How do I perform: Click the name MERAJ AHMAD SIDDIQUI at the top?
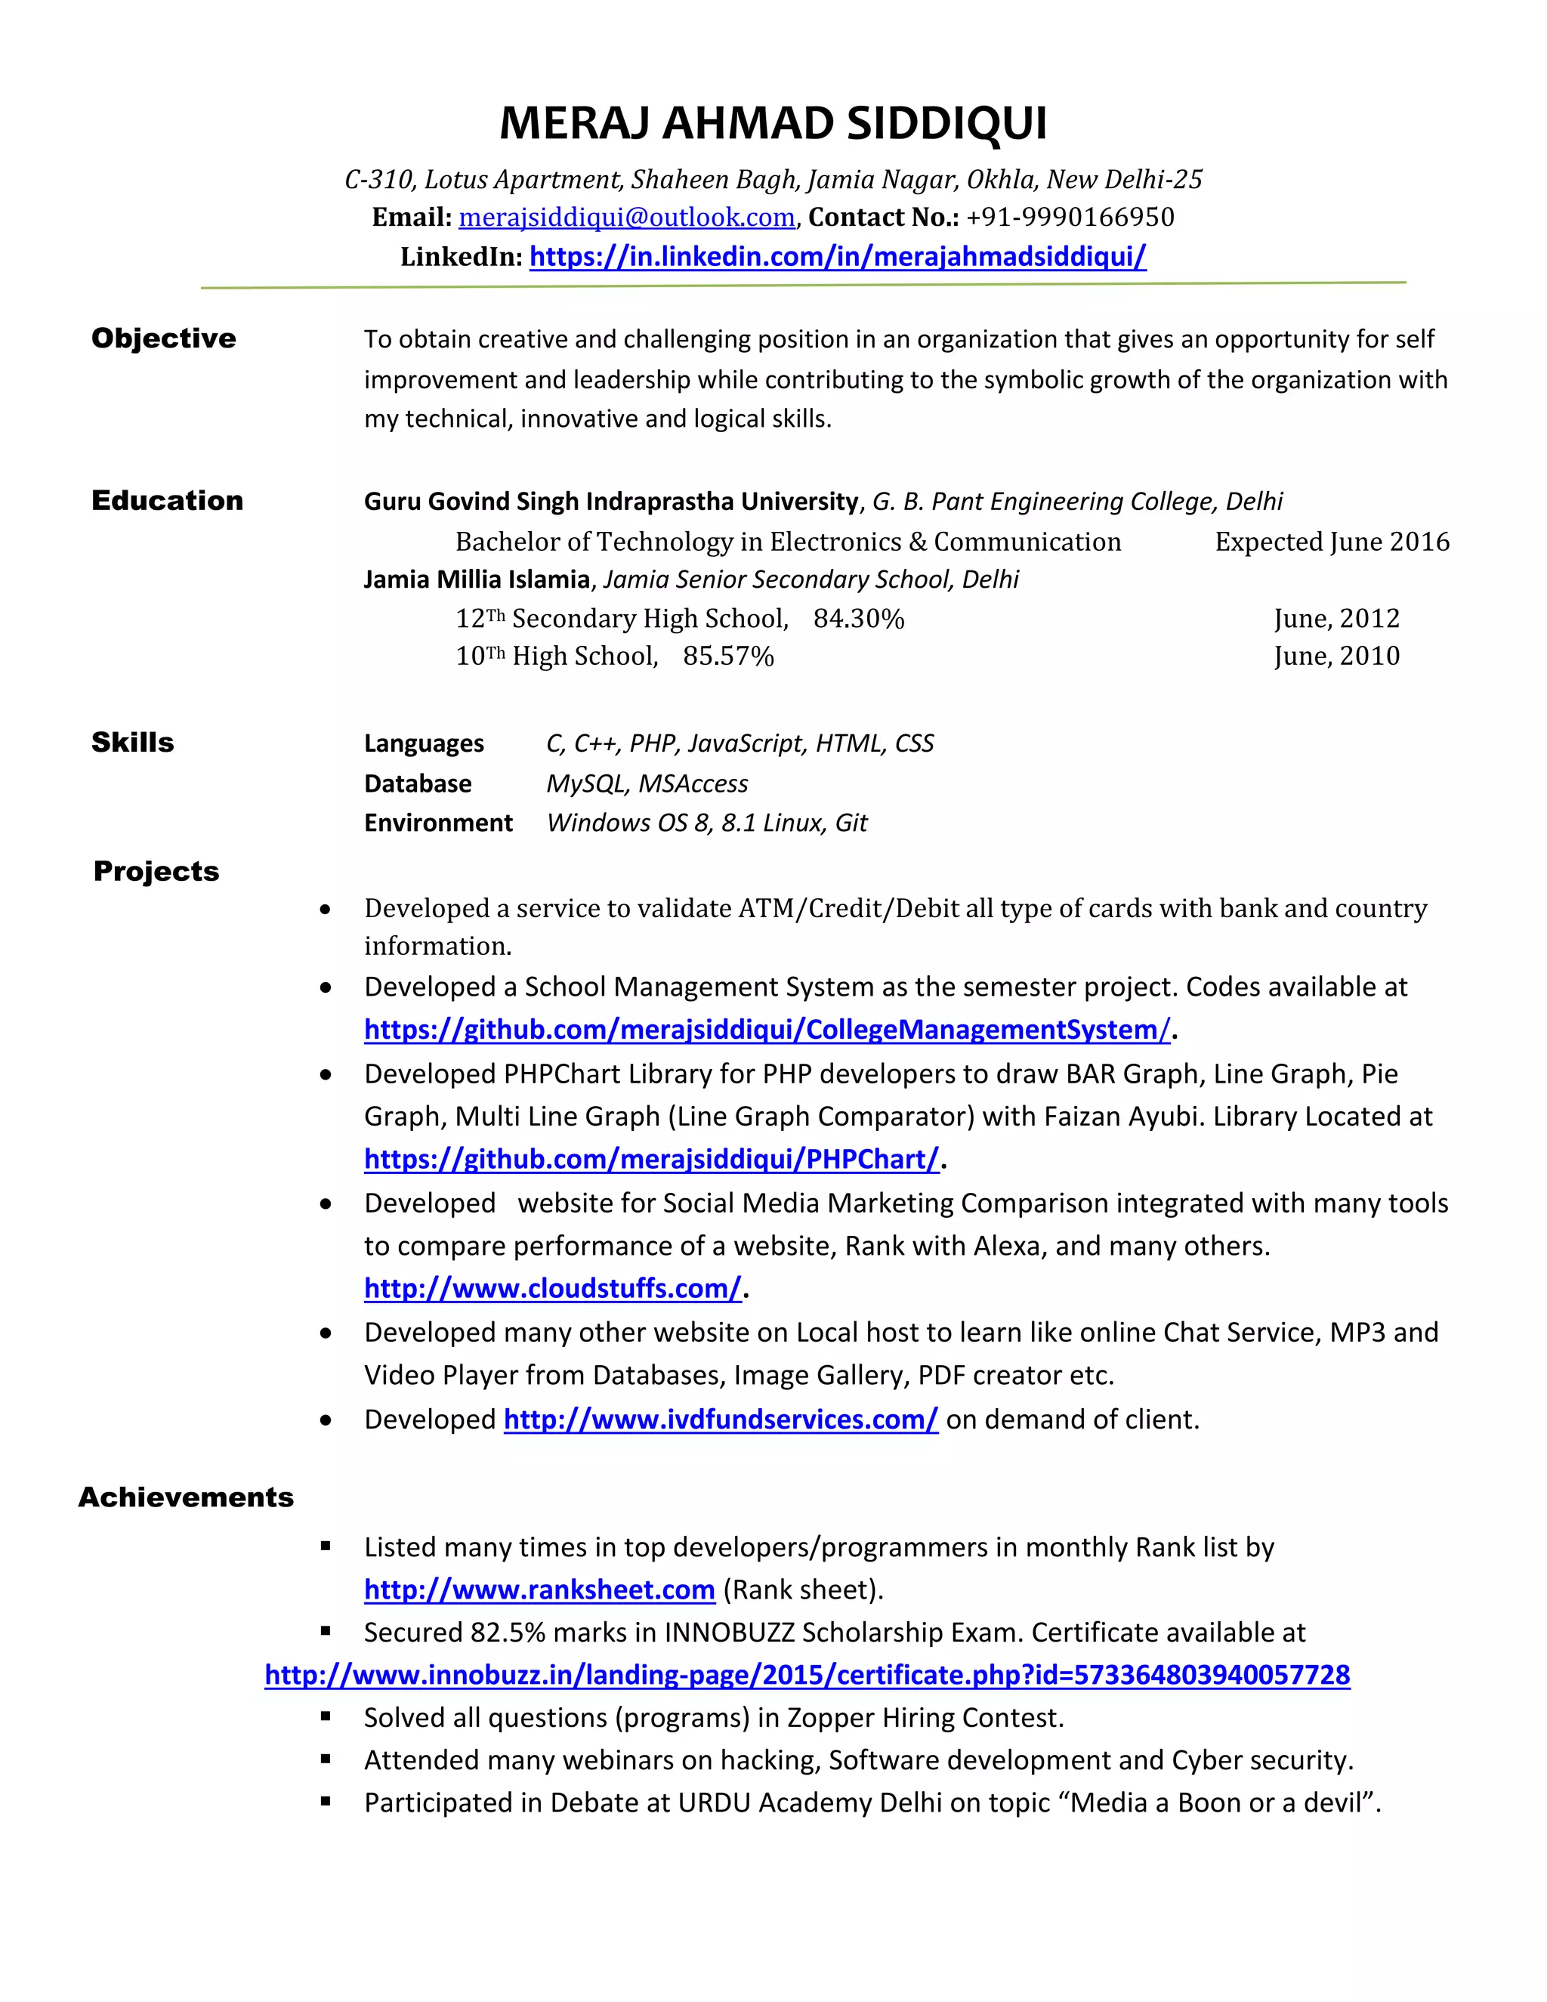point(773,124)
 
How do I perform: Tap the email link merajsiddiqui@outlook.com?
point(626,218)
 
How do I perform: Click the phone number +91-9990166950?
point(1070,218)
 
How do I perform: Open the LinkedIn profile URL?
point(838,257)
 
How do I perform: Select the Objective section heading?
point(163,338)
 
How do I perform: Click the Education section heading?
point(167,500)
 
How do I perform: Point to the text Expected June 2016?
point(1332,542)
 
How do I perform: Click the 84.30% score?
point(858,619)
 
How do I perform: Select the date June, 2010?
point(1336,657)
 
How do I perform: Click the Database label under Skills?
point(417,783)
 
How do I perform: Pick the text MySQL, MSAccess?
point(647,783)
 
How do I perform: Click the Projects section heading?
point(156,871)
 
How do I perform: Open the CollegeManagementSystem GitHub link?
point(767,1030)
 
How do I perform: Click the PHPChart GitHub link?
point(652,1160)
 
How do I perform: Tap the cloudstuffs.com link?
point(553,1289)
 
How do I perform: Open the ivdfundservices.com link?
point(721,1420)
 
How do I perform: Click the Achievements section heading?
point(185,1497)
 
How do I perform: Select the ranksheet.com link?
point(539,1590)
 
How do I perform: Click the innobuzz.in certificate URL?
point(807,1675)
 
